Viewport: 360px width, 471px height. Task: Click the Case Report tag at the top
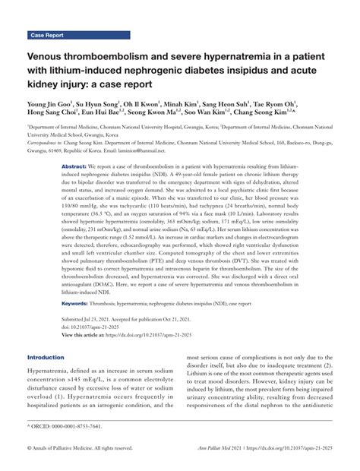point(48,35)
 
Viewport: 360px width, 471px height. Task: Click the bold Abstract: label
point(74,166)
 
